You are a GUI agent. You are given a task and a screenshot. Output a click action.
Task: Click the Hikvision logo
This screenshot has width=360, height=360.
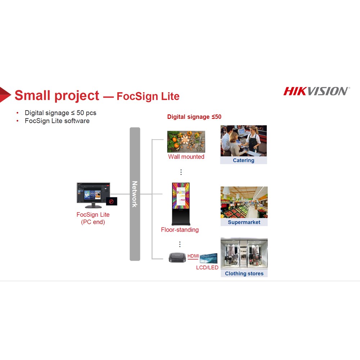point(316,91)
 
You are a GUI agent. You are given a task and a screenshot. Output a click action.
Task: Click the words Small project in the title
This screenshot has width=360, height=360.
point(57,95)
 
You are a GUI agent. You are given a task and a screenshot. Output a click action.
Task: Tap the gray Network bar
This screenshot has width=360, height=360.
point(135,194)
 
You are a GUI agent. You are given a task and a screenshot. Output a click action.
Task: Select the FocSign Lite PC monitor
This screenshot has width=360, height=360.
point(93,195)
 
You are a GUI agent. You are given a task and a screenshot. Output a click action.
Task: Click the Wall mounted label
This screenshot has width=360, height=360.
point(186,157)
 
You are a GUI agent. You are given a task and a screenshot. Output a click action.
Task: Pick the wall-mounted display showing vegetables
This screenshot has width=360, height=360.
point(186,141)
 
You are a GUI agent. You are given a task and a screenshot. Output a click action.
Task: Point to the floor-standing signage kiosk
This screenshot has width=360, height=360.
point(181,204)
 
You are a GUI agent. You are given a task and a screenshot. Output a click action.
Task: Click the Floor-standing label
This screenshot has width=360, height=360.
point(180,230)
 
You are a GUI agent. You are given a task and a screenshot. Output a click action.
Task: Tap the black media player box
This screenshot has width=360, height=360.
point(177,258)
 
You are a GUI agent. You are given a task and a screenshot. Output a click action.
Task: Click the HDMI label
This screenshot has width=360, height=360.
point(193,256)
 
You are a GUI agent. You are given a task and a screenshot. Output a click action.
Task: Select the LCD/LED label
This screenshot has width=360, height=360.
point(207,267)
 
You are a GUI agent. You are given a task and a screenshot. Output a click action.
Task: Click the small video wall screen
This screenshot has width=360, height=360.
point(208,258)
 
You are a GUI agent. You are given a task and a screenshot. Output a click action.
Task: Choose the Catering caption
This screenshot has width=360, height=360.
point(244,160)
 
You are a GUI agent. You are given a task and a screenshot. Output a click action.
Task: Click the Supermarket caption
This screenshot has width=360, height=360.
point(244,222)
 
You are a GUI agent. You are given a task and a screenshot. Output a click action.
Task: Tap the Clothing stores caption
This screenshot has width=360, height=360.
point(244,274)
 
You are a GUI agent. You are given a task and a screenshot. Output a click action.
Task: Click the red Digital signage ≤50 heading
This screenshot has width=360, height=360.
point(194,117)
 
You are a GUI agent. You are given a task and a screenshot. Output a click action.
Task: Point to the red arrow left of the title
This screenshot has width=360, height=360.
point(5,94)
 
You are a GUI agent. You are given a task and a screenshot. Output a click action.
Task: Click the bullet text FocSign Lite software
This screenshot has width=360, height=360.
point(57,121)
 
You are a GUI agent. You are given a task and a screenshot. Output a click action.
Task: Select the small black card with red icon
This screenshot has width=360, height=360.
point(112,201)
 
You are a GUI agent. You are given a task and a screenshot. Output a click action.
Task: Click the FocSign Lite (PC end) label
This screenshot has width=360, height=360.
point(93,218)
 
